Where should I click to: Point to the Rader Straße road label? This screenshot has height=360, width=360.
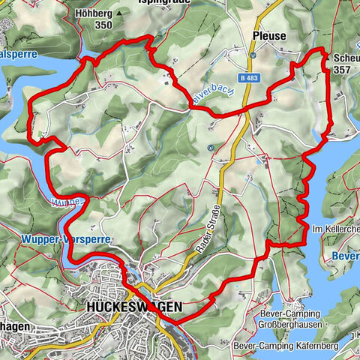click(213, 217)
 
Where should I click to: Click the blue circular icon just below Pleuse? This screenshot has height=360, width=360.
click(253, 55)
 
